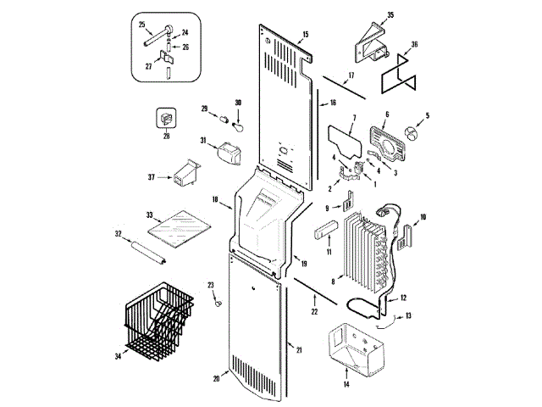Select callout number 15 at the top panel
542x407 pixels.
click(305, 34)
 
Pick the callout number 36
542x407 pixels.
click(414, 45)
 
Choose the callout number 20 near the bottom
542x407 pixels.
click(217, 378)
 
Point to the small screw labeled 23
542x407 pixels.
click(218, 300)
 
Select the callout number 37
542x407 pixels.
click(151, 177)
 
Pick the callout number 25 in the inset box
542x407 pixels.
click(141, 24)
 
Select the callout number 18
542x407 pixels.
click(215, 201)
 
